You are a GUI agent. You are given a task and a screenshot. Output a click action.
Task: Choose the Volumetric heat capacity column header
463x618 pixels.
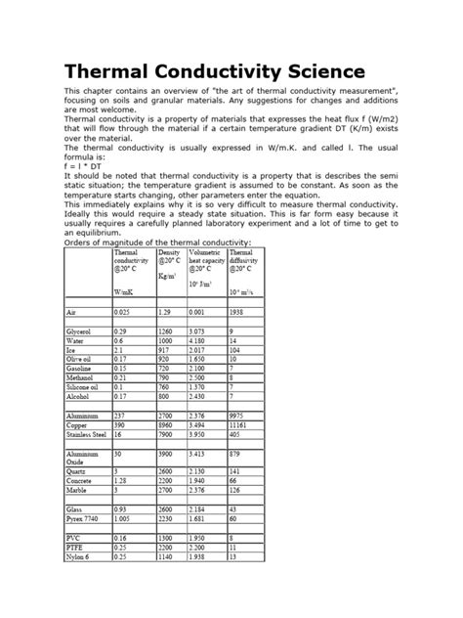(205, 258)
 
